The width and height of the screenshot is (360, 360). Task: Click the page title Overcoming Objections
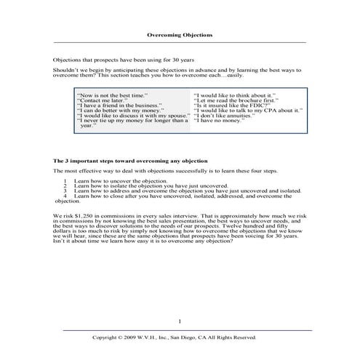(x=179, y=34)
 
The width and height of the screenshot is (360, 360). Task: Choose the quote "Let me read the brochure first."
(x=236, y=100)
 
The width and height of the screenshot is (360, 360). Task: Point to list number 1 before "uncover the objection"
(x=65, y=180)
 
